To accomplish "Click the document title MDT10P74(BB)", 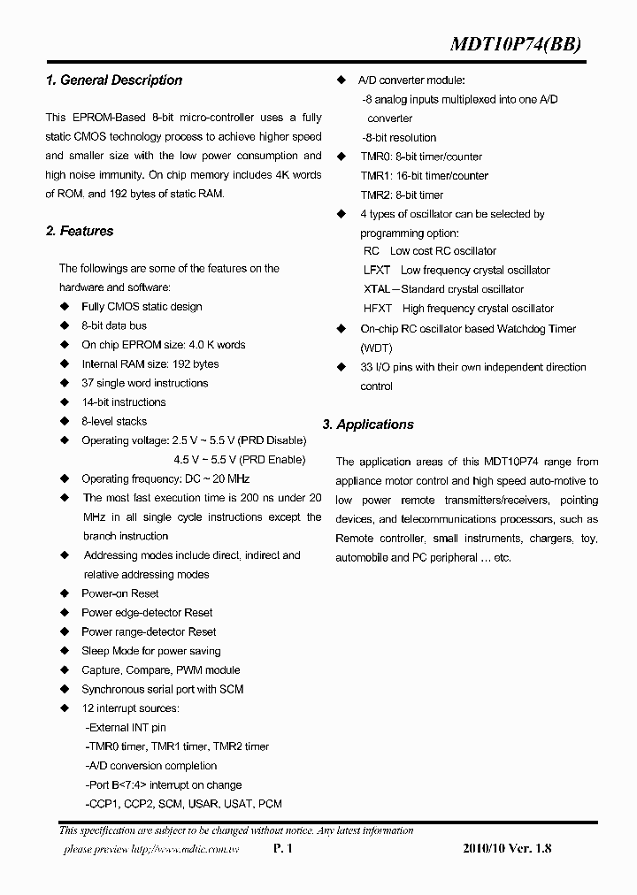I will tap(517, 46).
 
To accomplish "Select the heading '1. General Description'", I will tap(113, 80).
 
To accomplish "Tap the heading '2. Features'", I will tap(80, 232).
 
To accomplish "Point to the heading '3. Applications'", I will tap(368, 425).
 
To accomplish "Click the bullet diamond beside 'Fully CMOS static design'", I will tap(64, 307).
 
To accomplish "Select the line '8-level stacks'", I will tap(114, 422).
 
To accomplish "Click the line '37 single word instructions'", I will tap(144, 384).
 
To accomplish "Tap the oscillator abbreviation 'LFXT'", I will tap(377, 271).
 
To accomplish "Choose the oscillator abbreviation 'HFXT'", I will tap(378, 309).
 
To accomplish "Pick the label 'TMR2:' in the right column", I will tap(376, 195).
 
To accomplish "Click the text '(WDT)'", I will tap(376, 348).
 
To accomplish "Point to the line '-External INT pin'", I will tap(126, 728).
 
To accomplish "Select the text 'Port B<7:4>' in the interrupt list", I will tap(120, 785).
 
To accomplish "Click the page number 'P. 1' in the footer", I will tap(282, 849).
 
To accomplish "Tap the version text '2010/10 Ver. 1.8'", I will tap(507, 849).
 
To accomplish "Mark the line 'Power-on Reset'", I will tap(120, 594).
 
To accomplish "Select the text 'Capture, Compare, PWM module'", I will tap(160, 670).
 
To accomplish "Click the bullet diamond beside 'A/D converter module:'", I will tap(342, 80).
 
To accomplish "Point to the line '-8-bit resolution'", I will tap(399, 138).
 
